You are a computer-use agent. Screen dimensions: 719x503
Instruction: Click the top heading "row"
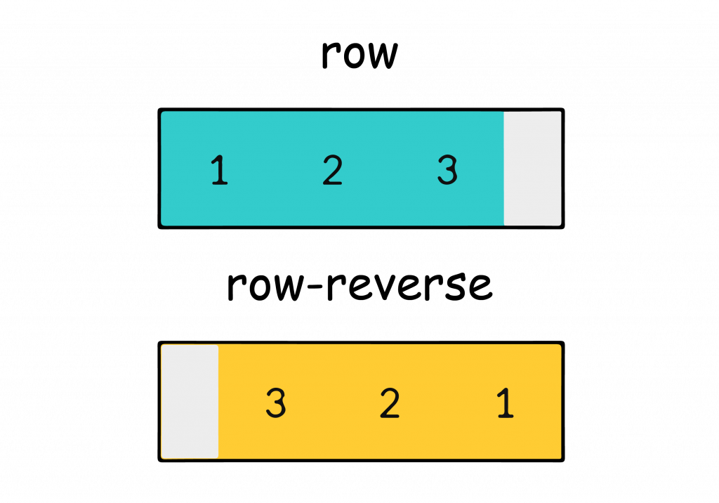click(x=359, y=55)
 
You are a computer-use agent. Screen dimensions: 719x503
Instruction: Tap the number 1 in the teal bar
click(x=219, y=171)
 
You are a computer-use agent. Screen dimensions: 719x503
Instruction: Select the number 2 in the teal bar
click(x=332, y=171)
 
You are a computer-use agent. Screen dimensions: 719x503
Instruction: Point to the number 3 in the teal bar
click(x=447, y=171)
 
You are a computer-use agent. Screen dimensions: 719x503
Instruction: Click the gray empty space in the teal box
click(x=533, y=169)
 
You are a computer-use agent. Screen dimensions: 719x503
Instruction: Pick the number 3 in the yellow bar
click(x=276, y=403)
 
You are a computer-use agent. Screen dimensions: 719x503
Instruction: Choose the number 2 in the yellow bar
click(x=390, y=403)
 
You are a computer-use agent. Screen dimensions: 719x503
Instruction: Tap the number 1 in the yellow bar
click(x=504, y=403)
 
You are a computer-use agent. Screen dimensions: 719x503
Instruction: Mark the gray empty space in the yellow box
click(x=190, y=402)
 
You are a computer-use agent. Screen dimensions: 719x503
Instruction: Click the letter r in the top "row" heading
click(x=331, y=56)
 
